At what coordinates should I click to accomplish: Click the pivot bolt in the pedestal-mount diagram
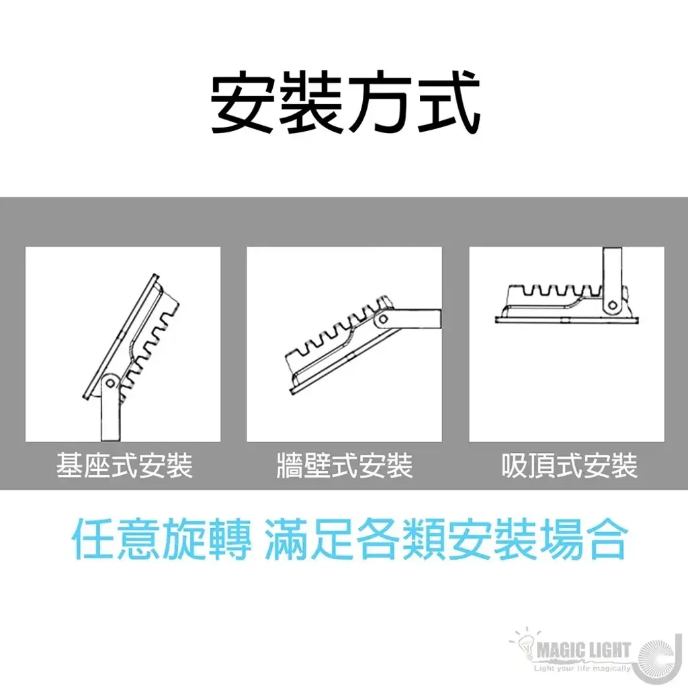[x=111, y=383]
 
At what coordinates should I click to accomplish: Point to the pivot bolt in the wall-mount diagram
[x=383, y=319]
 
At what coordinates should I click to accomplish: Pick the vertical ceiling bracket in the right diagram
[x=613, y=281]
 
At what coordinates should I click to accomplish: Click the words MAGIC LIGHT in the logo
[x=584, y=650]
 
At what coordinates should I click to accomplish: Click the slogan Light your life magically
[x=583, y=669]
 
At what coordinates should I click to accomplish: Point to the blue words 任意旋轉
[x=161, y=538]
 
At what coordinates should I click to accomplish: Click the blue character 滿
[x=286, y=538]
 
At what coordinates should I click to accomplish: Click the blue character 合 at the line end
[x=604, y=538]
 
